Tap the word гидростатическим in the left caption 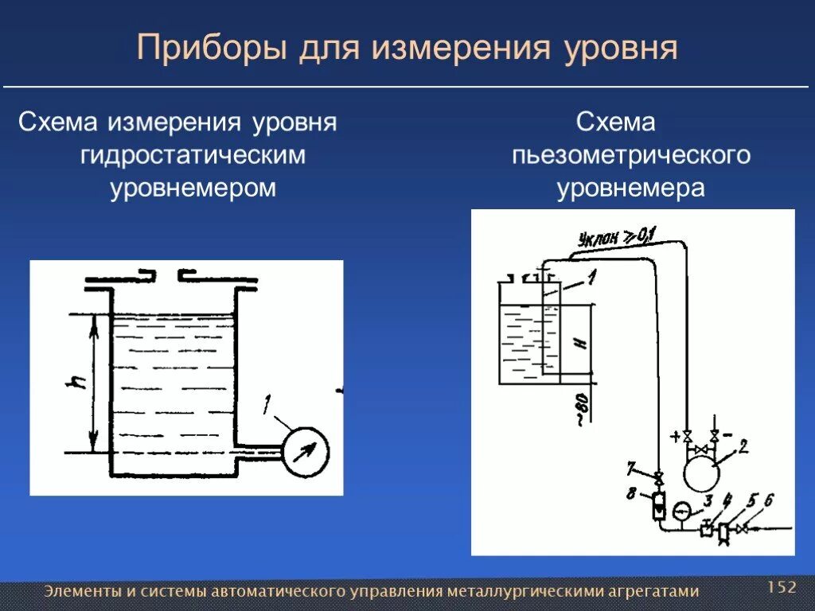click(193, 155)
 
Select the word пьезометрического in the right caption click(631, 155)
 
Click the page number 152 click(782, 587)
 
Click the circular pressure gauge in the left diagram click(306, 452)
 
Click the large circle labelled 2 click(701, 473)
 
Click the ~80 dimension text click(582, 407)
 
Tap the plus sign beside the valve click(676, 437)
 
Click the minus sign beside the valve click(727, 436)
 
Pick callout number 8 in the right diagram click(631, 494)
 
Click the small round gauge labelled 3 click(682, 511)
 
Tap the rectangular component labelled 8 click(659, 504)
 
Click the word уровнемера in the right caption click(631, 189)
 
